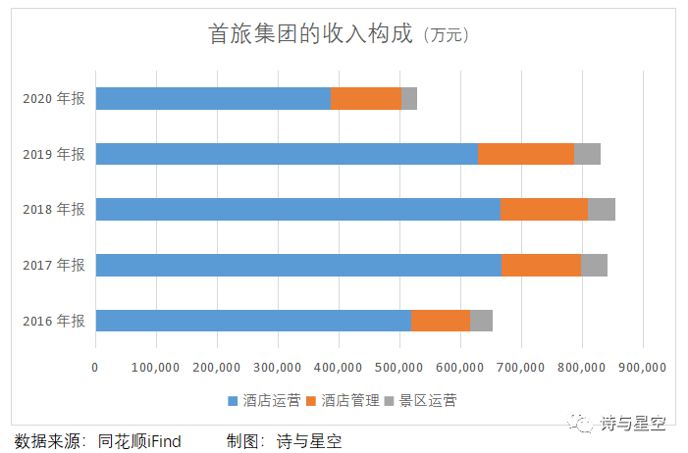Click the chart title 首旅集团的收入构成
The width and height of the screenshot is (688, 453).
313,35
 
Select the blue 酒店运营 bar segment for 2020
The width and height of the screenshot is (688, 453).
213,98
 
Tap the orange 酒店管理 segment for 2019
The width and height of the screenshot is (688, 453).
526,154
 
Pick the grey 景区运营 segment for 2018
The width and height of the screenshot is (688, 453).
602,209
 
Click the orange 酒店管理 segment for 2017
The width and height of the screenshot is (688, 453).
542,265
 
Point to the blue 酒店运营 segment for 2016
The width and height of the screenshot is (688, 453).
253,321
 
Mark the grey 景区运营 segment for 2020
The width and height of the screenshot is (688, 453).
409,98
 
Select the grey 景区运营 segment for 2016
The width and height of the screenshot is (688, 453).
482,321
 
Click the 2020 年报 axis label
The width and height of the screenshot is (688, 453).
54,98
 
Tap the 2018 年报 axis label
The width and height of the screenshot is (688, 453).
54,209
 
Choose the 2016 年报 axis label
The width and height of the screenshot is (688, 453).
54,321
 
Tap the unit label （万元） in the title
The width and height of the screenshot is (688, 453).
447,36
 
